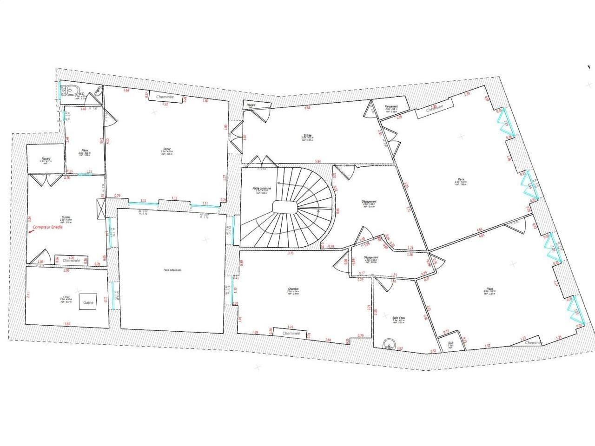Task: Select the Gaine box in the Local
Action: point(88,302)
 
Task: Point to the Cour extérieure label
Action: point(172,270)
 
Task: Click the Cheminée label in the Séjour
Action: point(165,97)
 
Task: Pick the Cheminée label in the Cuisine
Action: point(72,261)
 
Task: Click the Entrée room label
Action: point(306,135)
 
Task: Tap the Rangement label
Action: point(391,107)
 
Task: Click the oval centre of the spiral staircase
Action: point(284,207)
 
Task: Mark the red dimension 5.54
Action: point(318,161)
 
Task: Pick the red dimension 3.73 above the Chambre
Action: point(291,253)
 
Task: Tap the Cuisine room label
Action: point(66,217)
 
